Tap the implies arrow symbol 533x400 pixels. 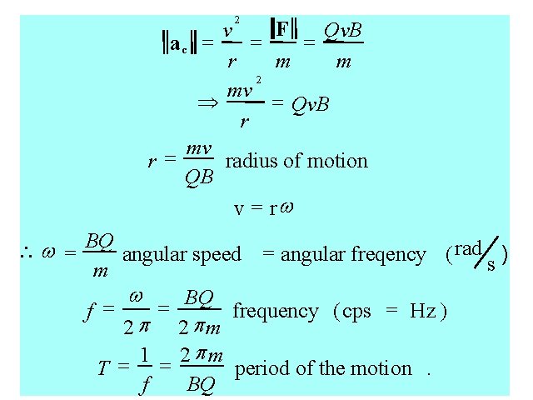click(x=205, y=103)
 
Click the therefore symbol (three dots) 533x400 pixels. click(x=26, y=252)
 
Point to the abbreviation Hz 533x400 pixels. click(x=422, y=312)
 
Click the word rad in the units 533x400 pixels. click(x=469, y=247)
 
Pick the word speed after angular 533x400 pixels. click(x=217, y=254)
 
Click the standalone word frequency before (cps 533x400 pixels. click(x=276, y=312)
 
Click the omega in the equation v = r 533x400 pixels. click(x=286, y=207)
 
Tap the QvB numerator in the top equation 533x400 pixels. click(x=342, y=31)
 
